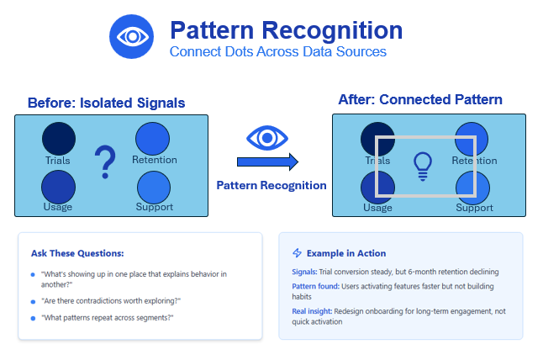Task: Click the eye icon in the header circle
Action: click(133, 36)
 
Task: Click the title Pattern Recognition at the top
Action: click(287, 30)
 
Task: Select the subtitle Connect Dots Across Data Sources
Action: click(277, 51)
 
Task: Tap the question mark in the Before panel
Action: click(105, 161)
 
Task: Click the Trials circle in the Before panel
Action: click(59, 139)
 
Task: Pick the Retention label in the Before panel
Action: click(155, 160)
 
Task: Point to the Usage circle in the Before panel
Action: click(58, 187)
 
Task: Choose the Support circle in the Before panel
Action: click(154, 188)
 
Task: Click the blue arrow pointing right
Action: click(267, 161)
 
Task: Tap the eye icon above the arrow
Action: click(267, 138)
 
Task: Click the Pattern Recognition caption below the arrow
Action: click(271, 185)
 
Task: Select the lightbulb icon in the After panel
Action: click(423, 167)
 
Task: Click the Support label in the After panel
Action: click(474, 208)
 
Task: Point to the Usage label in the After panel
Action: click(377, 208)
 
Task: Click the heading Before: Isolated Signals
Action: click(106, 103)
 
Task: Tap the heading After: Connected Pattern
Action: click(420, 99)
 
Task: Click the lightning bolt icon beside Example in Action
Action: click(297, 253)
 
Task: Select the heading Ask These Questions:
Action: click(77, 253)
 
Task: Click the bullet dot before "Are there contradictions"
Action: click(33, 301)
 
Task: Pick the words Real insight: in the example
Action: click(312, 311)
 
